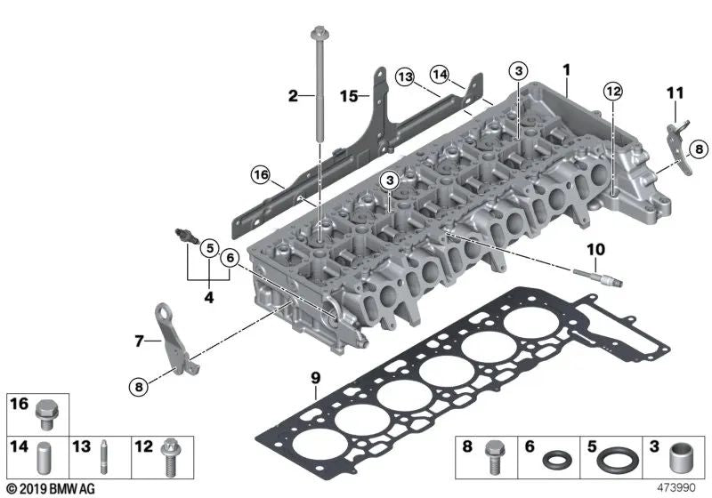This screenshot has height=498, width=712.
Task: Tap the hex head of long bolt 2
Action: click(x=318, y=36)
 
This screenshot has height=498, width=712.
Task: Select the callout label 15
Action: click(x=351, y=95)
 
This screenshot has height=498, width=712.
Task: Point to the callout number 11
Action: click(x=675, y=92)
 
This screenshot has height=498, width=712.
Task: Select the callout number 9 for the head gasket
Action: click(x=314, y=378)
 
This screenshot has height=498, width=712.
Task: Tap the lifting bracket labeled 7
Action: click(x=171, y=339)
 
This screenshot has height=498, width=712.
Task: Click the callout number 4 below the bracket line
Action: click(x=209, y=299)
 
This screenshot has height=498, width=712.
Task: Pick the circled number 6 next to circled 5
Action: click(x=230, y=258)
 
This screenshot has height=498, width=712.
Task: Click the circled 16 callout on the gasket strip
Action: click(x=260, y=173)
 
